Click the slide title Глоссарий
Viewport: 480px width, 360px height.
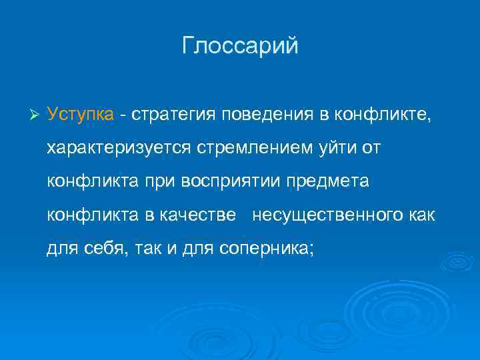(240, 46)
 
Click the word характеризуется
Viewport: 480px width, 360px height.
(121, 147)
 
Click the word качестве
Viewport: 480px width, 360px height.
(198, 215)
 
